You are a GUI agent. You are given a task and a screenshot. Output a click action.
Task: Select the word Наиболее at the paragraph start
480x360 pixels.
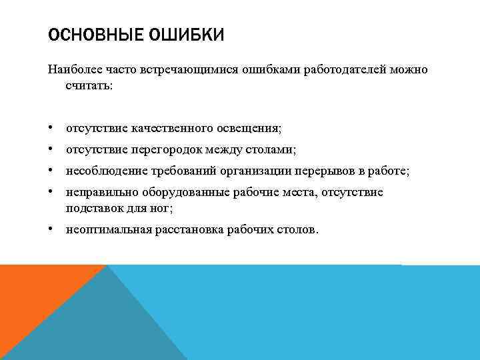coord(70,71)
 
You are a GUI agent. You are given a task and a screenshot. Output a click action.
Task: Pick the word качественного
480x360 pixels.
coord(170,127)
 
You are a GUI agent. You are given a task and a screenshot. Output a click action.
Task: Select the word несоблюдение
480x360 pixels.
coord(101,171)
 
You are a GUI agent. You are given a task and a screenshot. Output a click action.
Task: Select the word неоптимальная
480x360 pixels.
coord(103,229)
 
